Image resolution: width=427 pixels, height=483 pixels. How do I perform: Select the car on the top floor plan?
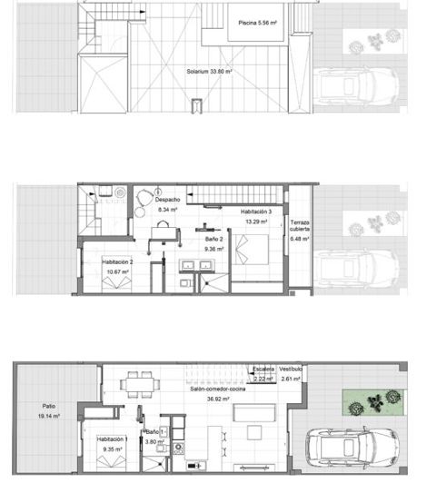click(358, 87)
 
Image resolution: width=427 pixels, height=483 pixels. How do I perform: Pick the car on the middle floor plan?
click(358, 269)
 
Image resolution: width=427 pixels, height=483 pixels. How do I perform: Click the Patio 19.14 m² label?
click(49, 411)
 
